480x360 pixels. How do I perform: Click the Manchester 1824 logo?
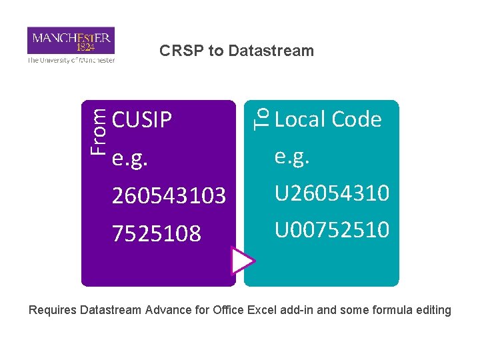coord(71,40)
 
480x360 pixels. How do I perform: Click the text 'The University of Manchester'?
coord(71,60)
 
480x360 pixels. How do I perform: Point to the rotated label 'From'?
coord(98,132)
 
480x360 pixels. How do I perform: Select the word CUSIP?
coord(142,120)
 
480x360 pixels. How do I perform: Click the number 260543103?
coord(169,196)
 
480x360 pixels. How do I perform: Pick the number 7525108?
coord(157,233)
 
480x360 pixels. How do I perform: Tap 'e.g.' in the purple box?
coord(129,159)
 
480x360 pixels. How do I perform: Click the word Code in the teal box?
coord(356,119)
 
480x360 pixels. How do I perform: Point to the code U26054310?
coord(332,193)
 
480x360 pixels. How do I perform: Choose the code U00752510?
coord(332,229)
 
